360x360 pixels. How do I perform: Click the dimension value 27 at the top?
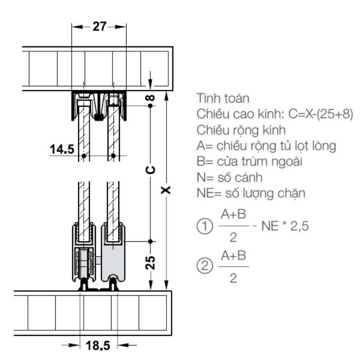[x=99, y=27]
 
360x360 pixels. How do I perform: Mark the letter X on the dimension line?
[x=166, y=189]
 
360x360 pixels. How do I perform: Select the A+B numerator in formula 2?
[x=234, y=256]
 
